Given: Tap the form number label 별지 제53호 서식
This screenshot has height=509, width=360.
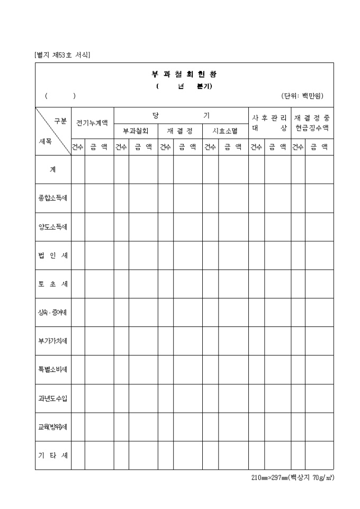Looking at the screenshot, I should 61,54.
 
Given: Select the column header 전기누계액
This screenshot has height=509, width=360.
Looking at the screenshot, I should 92,123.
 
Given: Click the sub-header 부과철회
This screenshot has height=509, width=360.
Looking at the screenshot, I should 136,130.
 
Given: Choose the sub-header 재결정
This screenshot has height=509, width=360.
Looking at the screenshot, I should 180,130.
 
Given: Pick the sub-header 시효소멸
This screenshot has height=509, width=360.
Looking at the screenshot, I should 225,130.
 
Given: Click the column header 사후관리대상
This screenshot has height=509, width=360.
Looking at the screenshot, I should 269,123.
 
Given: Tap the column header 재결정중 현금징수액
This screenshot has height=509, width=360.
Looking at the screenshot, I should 312,123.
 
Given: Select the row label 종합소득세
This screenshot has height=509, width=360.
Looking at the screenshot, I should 53,198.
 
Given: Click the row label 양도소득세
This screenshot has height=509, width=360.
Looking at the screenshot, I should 53,226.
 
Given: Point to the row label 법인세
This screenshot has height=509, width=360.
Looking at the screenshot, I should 53,255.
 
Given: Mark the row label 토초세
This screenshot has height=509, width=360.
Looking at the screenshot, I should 53,284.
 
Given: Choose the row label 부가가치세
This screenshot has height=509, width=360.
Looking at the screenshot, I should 53,341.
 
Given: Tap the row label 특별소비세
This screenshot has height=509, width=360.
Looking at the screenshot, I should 53,369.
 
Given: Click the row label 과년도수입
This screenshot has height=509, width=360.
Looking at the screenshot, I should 53,398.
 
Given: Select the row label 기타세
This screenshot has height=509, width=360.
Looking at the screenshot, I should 53,455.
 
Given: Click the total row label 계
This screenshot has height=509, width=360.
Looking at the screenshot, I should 53,169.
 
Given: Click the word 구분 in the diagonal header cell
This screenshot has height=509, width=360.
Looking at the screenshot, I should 60,121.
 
